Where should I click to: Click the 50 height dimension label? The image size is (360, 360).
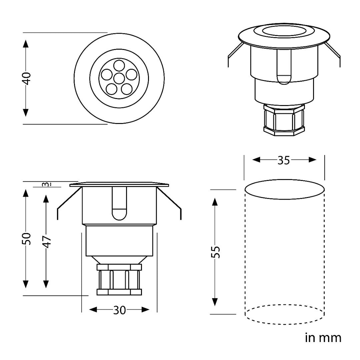[x=26, y=239]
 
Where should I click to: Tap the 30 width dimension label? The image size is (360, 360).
[x=119, y=310]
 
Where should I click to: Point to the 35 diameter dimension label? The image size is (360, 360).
[x=284, y=160]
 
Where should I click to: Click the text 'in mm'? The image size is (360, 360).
[x=323, y=338]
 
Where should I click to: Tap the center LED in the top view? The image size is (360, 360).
[x=119, y=78]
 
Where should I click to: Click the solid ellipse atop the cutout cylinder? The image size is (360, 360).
[x=284, y=189]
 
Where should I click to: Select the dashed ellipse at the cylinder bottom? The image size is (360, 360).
[x=284, y=314]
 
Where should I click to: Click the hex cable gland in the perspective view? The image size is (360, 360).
[x=284, y=120]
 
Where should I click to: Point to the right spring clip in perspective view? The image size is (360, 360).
[x=333, y=53]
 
